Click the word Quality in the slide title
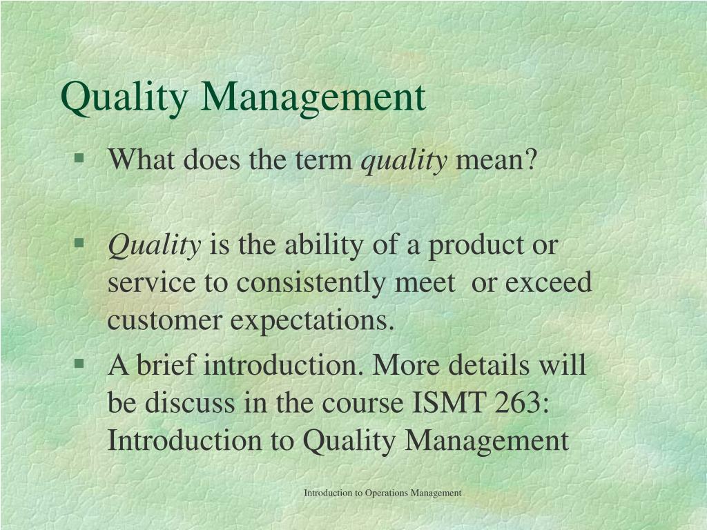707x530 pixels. tap(124, 98)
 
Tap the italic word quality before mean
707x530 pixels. tap(404, 160)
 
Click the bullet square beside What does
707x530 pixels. tap(79, 158)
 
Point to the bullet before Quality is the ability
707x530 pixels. tap(79, 244)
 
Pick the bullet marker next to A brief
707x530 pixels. tap(79, 363)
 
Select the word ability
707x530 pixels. tap(324, 246)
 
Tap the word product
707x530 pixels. tap(476, 246)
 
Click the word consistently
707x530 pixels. tap(311, 284)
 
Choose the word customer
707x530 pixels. tap(164, 322)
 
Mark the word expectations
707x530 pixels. tap(313, 322)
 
